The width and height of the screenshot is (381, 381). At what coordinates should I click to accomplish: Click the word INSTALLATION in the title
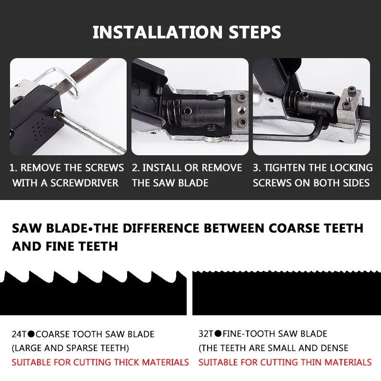[x=158, y=32]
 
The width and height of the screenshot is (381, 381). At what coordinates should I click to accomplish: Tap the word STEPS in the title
[x=255, y=32]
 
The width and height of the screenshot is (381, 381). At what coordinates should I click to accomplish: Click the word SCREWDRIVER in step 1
[x=84, y=183]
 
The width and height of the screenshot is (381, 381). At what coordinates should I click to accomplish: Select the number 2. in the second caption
[x=136, y=168]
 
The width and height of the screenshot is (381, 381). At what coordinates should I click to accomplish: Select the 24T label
[x=19, y=334]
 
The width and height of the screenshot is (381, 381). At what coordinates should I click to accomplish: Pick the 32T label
[x=206, y=334]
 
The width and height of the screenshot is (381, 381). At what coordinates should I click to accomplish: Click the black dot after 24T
[x=31, y=334]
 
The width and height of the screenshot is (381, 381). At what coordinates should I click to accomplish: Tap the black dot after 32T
[x=218, y=333]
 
